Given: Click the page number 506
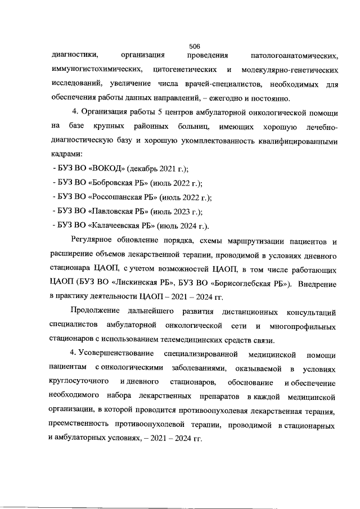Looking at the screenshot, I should pos(195,46).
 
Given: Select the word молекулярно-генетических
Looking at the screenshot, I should pos(289,71).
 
